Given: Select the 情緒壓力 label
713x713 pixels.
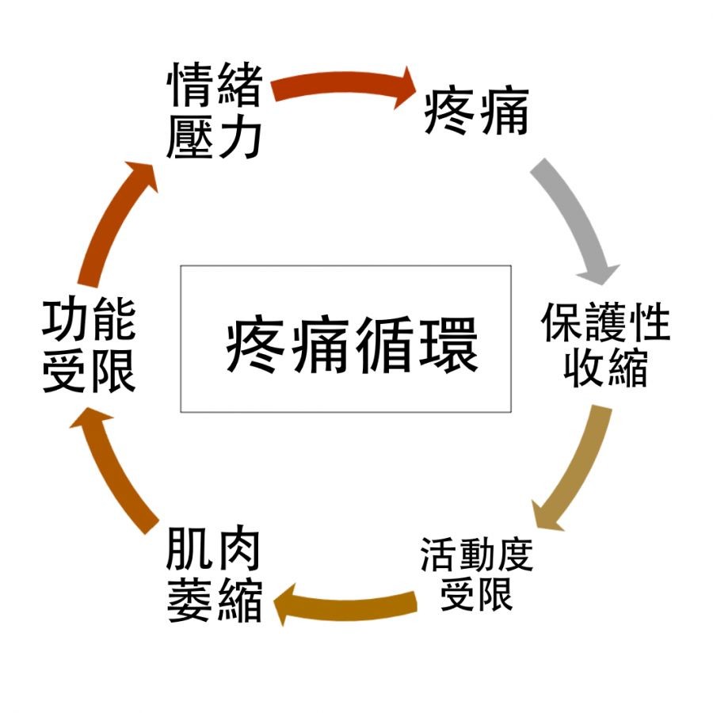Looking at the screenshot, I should point(214,111).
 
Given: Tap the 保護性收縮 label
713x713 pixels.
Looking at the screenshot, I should point(605,344).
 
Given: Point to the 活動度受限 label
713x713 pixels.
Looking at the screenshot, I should point(476,574).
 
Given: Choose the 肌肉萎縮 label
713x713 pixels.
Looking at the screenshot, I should point(214,576).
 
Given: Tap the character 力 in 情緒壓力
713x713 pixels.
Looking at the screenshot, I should point(238,135).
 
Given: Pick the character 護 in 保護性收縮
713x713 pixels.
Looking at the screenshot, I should point(606,320).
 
